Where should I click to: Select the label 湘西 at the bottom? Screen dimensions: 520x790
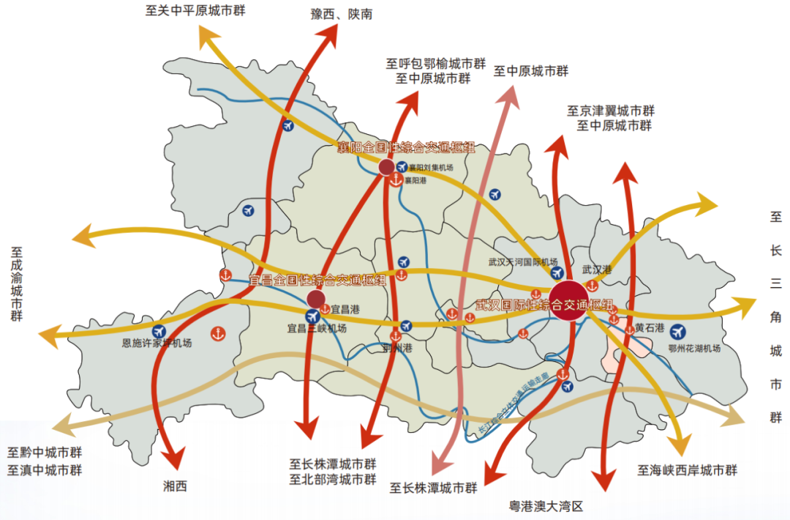(176, 486)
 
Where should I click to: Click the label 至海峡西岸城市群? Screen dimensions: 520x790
(687, 470)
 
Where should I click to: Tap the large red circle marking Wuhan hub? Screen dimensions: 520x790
(570, 301)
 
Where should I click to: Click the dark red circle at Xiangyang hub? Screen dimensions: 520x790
(387, 168)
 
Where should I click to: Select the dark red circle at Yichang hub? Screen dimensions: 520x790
(316, 298)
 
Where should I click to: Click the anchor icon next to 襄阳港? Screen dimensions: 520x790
(396, 180)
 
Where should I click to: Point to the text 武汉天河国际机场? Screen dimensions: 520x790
(523, 262)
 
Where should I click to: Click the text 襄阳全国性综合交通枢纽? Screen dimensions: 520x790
(406, 148)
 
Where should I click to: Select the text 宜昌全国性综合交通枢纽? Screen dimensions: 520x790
(317, 280)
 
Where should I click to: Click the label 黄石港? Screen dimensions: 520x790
(649, 327)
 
